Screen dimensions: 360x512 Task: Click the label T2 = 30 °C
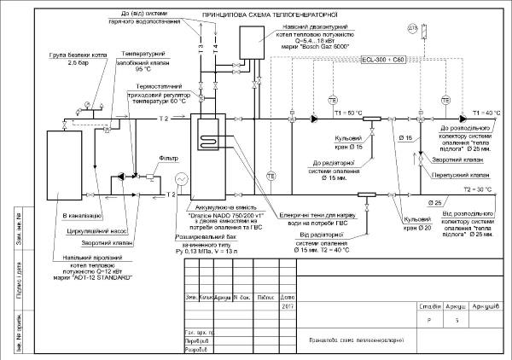478,189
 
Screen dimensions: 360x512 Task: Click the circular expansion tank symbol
181,179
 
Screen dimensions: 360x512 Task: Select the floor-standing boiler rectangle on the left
64,171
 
